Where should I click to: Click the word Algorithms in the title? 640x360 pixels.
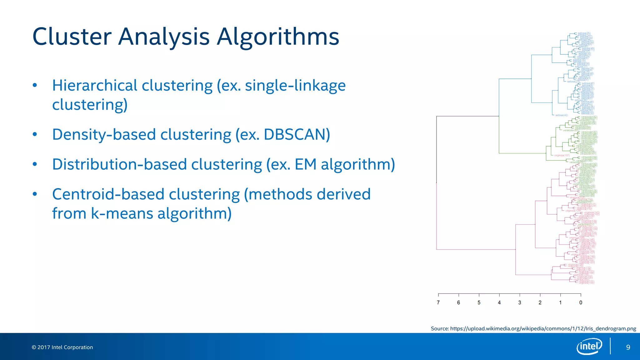pyautogui.click(x=277, y=37)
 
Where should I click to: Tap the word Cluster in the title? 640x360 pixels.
pyautogui.click(x=72, y=37)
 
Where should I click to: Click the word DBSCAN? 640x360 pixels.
pyautogui.click(x=297, y=135)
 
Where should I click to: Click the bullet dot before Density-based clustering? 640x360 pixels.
pyautogui.click(x=35, y=135)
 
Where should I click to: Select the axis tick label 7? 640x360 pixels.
pyautogui.click(x=438, y=302)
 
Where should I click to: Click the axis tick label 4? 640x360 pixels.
pyautogui.click(x=499, y=302)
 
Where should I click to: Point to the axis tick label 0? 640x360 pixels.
pyautogui.click(x=581, y=302)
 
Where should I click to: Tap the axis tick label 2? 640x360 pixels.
pyautogui.click(x=540, y=302)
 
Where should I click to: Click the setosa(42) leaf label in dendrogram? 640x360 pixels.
pyautogui.click(x=562, y=115)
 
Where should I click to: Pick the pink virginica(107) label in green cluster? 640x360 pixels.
pyautogui.click(x=562, y=155)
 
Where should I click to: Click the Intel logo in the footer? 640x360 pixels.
pyautogui.click(x=589, y=346)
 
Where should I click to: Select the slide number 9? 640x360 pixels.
pyautogui.click(x=628, y=347)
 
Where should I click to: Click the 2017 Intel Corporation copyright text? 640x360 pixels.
pyautogui.click(x=62, y=347)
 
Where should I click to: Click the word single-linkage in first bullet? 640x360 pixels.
pyautogui.click(x=295, y=86)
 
